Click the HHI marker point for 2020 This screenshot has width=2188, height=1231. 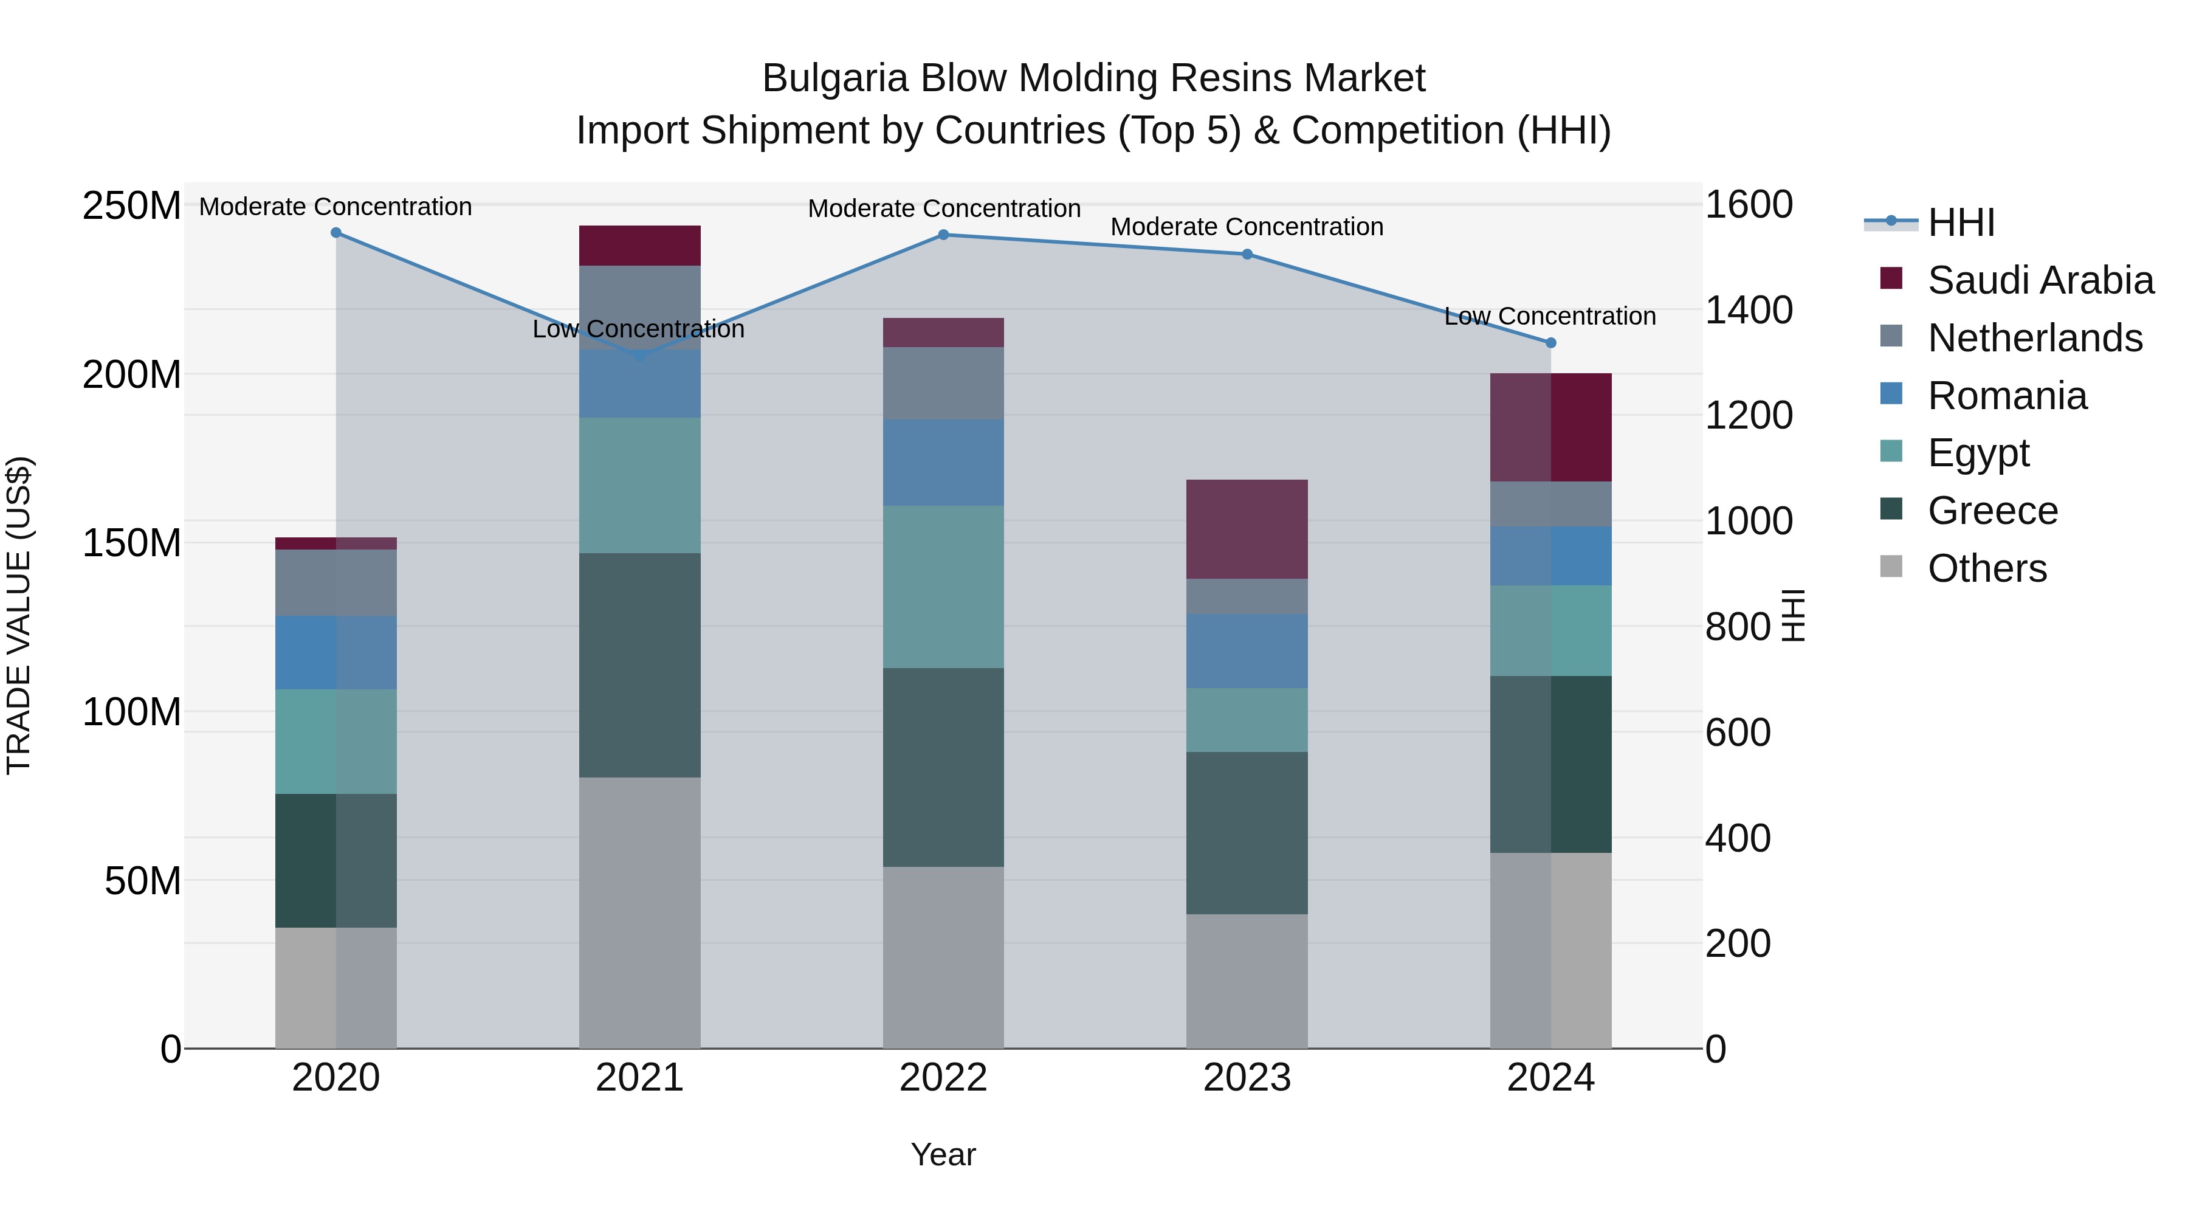coord(335,233)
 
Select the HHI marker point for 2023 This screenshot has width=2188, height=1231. coord(1247,254)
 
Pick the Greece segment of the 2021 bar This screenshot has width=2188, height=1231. coord(639,665)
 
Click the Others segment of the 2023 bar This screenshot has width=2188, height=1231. coord(1247,981)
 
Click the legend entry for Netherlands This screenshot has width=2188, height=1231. coord(2034,338)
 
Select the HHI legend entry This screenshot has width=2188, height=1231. coord(1960,222)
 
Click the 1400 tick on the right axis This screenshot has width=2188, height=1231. coord(1749,310)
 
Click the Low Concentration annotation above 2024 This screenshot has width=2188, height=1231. coord(1550,316)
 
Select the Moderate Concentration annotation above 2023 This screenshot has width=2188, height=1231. coord(1247,227)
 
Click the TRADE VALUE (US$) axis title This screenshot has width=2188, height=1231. coord(19,615)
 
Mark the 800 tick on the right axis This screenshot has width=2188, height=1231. coord(1738,627)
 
